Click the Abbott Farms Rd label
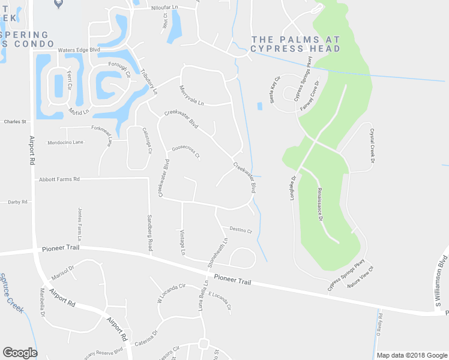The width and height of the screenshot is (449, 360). point(59,179)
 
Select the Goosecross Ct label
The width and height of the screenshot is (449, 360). point(185,152)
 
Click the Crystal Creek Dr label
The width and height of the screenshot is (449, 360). point(372,146)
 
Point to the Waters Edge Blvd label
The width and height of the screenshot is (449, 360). point(78,50)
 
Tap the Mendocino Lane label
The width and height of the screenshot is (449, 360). point(65,143)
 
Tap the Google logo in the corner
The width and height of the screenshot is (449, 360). point(20,353)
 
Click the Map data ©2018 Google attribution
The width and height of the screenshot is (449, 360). point(412,355)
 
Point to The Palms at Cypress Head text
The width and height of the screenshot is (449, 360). point(295,43)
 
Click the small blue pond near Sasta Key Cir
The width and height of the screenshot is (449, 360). point(259,106)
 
